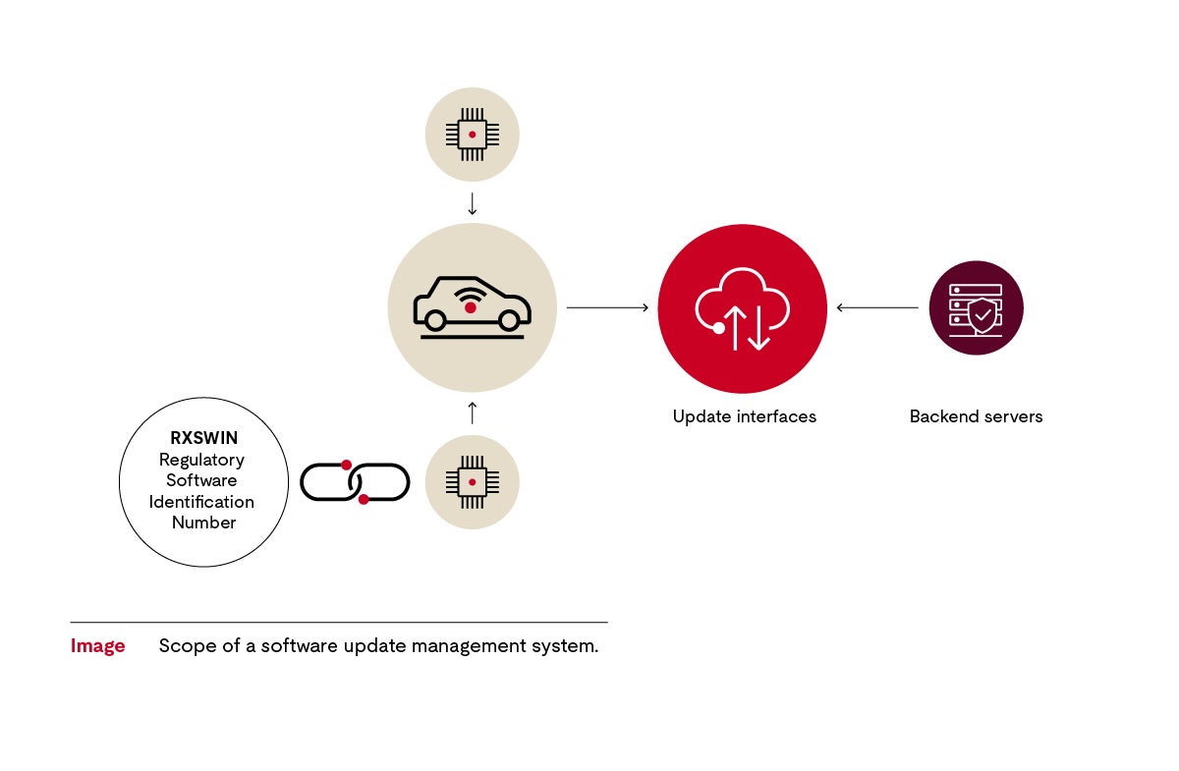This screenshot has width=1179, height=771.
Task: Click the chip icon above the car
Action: click(x=472, y=134)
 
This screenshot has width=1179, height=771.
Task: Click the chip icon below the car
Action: click(x=472, y=481)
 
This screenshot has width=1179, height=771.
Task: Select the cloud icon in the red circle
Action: click(x=743, y=307)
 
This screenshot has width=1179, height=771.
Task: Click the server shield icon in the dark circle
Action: click(x=976, y=307)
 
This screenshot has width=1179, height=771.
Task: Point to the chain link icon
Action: click(x=355, y=481)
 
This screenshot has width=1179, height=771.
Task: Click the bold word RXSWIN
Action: click(x=203, y=438)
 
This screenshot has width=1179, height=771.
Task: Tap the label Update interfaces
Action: click(x=744, y=416)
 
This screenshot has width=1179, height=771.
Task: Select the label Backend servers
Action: click(x=976, y=416)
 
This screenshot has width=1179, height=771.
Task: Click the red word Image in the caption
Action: click(x=97, y=646)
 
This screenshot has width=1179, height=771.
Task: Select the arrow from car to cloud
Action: click(x=607, y=307)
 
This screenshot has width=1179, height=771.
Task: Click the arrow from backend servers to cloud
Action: click(x=876, y=307)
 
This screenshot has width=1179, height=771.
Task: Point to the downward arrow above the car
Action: click(x=472, y=203)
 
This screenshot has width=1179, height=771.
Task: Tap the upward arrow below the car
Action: click(x=472, y=413)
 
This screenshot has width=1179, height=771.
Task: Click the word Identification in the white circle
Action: click(x=201, y=502)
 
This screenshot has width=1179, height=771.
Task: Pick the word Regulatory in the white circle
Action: click(x=201, y=460)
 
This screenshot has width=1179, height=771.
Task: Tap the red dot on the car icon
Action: click(x=471, y=308)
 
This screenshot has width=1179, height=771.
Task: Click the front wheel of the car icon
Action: click(x=509, y=320)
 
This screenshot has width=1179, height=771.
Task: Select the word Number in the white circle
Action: click(x=203, y=523)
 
